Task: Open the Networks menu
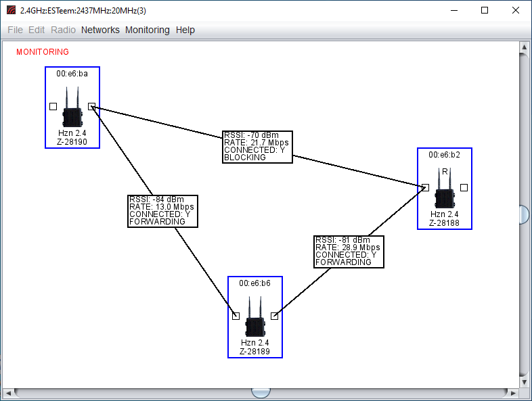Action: (x=100, y=30)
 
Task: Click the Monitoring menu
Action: (x=148, y=30)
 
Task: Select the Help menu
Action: (x=185, y=30)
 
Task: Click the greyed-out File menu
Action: (x=15, y=30)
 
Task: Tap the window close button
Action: (x=515, y=10)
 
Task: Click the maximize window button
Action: (x=485, y=10)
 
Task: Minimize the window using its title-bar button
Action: (x=453, y=10)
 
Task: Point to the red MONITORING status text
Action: (x=43, y=52)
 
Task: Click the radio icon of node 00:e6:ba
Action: (x=72, y=109)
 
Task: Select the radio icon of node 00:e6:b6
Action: (x=255, y=319)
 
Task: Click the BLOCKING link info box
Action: (x=257, y=147)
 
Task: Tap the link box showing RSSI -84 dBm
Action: (x=162, y=210)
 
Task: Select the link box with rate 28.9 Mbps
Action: (x=349, y=252)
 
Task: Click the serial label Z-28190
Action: (x=72, y=142)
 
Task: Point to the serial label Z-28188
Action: (x=445, y=223)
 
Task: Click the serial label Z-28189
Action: (x=255, y=352)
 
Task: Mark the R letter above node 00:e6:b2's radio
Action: (x=445, y=172)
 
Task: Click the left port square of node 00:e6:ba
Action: (x=53, y=106)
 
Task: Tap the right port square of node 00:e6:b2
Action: (x=464, y=187)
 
